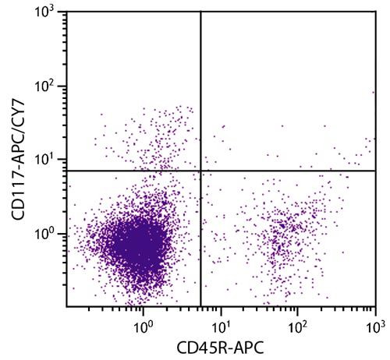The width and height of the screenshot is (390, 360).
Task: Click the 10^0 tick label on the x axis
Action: pyautogui.click(x=143, y=322)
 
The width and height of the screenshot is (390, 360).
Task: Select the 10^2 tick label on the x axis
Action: pyautogui.click(x=298, y=322)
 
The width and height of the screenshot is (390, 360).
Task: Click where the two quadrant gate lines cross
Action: pyautogui.click(x=201, y=171)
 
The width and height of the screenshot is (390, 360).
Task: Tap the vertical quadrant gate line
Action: pyautogui.click(x=201, y=94)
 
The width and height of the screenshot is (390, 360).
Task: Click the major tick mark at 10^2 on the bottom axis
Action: pyautogui.click(x=298, y=309)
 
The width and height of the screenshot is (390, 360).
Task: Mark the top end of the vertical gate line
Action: pyautogui.click(x=201, y=13)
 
